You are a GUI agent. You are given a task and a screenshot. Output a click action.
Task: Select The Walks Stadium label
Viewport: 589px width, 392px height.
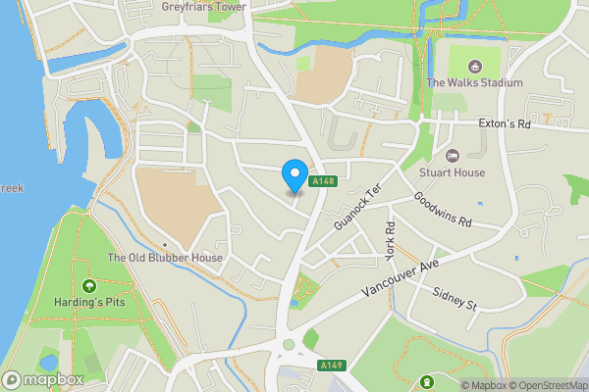[474, 83]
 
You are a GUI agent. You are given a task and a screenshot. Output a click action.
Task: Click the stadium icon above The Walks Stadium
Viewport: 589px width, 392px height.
[475, 67]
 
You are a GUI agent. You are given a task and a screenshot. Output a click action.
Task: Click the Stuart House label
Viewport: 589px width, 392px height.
[452, 172]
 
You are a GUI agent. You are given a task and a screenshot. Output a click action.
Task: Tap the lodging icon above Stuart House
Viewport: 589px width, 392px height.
[453, 156]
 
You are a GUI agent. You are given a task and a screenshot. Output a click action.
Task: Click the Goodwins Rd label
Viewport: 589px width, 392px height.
[443, 210]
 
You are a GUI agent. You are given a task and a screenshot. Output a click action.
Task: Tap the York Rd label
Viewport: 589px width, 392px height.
[390, 240]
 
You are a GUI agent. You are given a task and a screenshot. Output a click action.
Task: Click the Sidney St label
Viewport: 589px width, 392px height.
[455, 299]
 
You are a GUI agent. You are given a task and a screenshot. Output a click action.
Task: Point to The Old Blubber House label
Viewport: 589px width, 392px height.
[165, 258]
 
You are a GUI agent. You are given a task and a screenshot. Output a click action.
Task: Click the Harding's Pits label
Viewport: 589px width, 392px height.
[89, 303]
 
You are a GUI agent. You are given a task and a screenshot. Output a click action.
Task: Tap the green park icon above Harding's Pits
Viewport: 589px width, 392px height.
[89, 286]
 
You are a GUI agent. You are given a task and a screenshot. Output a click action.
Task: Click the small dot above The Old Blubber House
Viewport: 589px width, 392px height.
[165, 244]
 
